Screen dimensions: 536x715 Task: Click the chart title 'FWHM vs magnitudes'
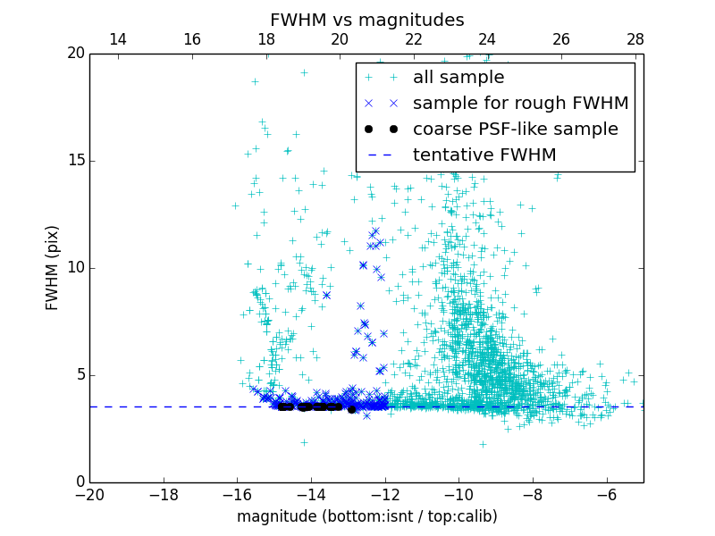[x=366, y=20]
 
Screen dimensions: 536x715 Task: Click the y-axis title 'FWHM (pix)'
[x=53, y=267]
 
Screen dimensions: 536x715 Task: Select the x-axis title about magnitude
[x=366, y=516]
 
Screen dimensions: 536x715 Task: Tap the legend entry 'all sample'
[x=458, y=78]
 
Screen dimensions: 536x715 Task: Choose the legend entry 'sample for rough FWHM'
[x=520, y=104]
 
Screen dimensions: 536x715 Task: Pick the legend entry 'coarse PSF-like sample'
[x=515, y=130]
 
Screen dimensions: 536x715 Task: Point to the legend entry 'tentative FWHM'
[x=484, y=155]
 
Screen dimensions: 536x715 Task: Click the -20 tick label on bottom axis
[x=89, y=495]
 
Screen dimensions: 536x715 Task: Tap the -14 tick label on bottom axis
[x=311, y=495]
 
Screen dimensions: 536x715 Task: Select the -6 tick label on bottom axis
[x=606, y=495]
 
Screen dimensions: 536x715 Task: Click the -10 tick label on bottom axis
[x=458, y=495]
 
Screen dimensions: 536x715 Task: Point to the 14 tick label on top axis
[x=117, y=39]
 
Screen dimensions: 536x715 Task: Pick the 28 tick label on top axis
[x=635, y=39]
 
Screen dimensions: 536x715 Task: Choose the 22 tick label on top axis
[x=414, y=39]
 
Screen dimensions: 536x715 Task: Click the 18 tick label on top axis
[x=265, y=39]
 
